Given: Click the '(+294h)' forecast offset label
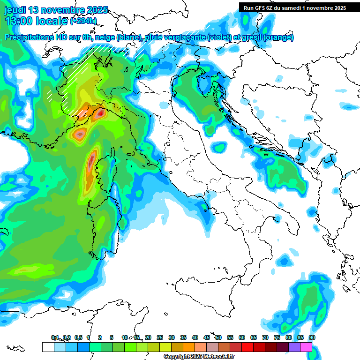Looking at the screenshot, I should click(84, 21).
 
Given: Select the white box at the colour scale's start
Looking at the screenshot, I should click(48, 347).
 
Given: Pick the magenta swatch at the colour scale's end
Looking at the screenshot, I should click(306, 347).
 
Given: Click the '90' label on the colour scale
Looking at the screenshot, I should click(312, 338).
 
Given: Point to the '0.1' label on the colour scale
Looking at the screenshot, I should click(55, 338).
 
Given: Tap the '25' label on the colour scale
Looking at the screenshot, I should click(159, 338).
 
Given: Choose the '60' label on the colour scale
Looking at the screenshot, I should click(241, 338).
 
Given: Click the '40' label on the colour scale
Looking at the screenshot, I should click(195, 338).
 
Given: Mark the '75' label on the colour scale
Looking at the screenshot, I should click(277, 338).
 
